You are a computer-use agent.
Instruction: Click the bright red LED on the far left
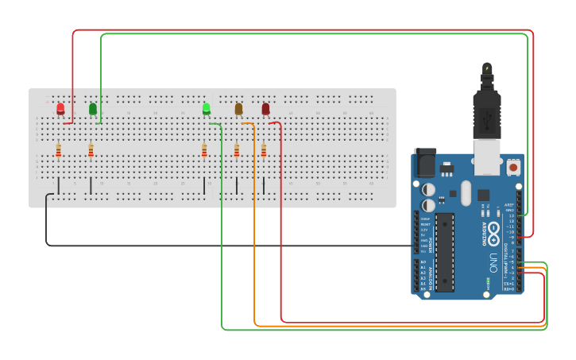60,108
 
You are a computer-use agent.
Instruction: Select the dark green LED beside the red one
93,109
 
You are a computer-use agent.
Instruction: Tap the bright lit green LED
207,108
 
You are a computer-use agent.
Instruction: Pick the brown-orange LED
238,109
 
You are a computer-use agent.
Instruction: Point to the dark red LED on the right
265,109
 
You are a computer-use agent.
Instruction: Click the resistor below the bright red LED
58,149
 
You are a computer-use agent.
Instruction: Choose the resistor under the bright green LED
204,149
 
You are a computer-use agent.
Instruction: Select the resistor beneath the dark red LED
264,149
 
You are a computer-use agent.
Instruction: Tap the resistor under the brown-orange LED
237,149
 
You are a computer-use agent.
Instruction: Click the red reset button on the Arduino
513,168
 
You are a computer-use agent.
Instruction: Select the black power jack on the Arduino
424,163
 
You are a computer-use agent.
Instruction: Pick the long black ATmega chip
444,252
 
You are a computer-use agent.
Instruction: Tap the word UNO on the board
494,263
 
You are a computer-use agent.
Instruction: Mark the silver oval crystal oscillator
466,192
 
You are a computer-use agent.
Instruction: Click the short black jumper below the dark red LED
264,185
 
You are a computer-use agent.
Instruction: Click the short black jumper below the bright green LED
204,185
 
